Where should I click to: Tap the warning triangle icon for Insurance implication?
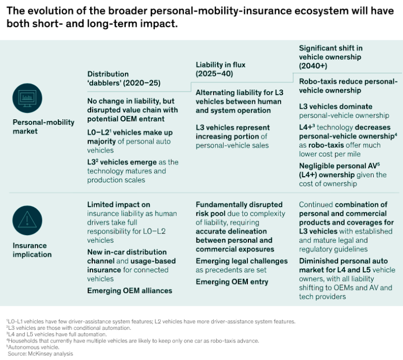click(x=27, y=219)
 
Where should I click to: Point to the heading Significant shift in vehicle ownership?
click(x=331, y=57)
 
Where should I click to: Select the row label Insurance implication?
click(x=32, y=250)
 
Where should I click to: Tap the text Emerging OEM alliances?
click(x=129, y=291)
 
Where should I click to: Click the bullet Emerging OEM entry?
click(x=232, y=282)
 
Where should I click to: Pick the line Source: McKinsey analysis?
click(x=41, y=354)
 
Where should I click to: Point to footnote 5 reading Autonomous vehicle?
click(x=30, y=347)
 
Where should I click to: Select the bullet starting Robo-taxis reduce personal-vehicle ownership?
click(x=348, y=86)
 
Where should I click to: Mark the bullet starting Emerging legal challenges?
click(x=241, y=265)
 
